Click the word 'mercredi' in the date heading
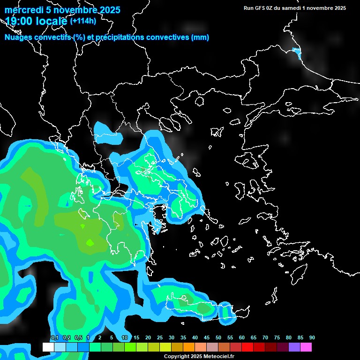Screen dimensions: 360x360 [x=22, y=10]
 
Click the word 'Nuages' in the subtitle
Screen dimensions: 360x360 [x=19, y=37]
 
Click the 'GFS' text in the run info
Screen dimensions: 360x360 [x=261, y=8]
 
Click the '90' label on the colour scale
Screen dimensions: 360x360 [x=312, y=338]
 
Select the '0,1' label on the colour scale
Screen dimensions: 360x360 [x=54, y=338]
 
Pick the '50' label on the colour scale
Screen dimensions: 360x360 [x=218, y=338]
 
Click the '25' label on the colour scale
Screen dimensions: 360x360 [x=160, y=338]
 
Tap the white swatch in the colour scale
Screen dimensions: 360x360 [x=48, y=347]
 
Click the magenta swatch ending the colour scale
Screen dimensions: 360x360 [x=306, y=347]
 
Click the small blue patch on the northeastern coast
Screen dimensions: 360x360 [x=296, y=52]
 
